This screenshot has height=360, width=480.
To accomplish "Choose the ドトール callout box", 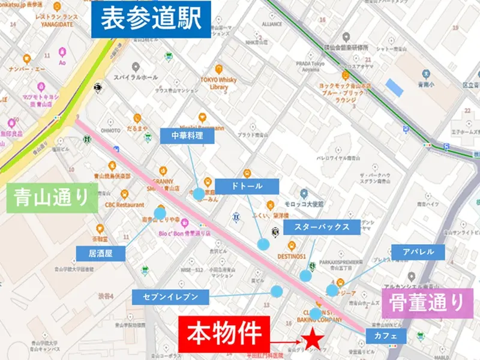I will (x=247, y=186).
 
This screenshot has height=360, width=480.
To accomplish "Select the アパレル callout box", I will (x=419, y=251).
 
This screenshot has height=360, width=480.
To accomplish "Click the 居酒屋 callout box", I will (x=100, y=253).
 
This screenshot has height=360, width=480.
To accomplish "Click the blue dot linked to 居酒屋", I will (x=160, y=213).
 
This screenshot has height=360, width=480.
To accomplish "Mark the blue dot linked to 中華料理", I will (x=199, y=193).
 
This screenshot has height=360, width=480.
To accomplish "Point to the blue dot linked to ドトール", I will (x=263, y=244).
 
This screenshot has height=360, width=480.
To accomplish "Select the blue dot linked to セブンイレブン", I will (x=277, y=292).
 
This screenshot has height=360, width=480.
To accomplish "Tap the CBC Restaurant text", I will (x=125, y=203).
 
